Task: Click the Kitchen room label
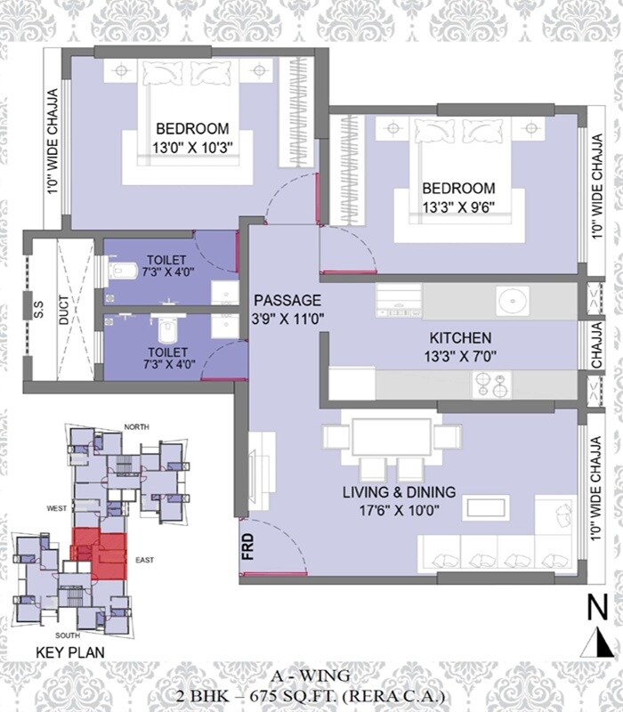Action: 460,338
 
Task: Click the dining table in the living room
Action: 392,437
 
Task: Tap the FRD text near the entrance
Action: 247,544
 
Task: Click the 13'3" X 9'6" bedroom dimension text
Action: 458,207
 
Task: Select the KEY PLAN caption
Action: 69,652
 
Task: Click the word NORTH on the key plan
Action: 136,427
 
